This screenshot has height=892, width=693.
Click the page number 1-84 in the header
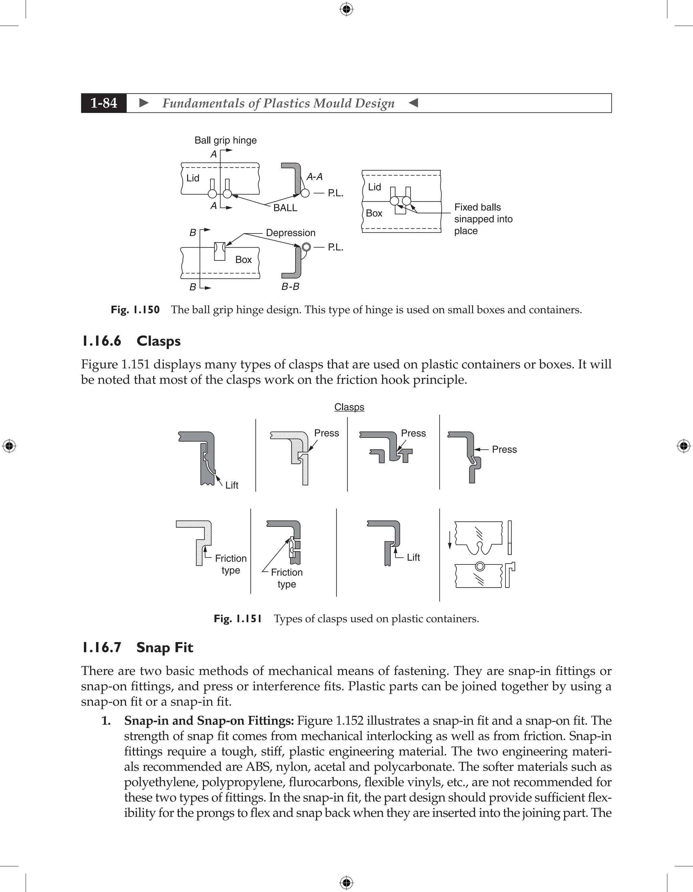click(x=104, y=103)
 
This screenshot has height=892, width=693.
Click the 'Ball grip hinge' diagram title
click(x=225, y=140)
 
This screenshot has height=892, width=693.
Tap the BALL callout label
click(x=285, y=207)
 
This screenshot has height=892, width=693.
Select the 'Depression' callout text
click(x=290, y=232)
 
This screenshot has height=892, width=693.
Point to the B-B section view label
click(x=290, y=286)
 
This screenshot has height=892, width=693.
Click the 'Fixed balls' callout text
click(x=477, y=207)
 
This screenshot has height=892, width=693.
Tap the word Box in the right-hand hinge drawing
click(x=374, y=213)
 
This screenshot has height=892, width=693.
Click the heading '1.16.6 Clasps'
click(x=131, y=341)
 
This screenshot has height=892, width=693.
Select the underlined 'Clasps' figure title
click(x=349, y=407)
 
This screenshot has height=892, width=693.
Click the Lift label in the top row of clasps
click(x=231, y=485)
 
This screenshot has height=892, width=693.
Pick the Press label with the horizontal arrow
click(x=504, y=449)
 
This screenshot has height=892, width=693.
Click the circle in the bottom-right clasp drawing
click(x=480, y=566)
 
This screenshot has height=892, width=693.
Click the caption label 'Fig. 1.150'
click(x=135, y=310)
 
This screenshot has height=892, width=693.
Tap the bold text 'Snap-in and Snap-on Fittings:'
click(x=209, y=720)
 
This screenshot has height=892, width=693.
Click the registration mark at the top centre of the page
click(x=346, y=9)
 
